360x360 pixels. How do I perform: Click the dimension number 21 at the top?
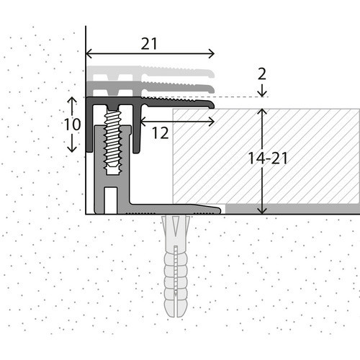149,44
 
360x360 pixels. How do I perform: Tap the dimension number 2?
262,74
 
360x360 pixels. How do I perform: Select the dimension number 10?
72,125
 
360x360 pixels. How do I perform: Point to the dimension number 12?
161,133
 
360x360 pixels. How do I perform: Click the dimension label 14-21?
268,158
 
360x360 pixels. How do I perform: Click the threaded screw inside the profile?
113,139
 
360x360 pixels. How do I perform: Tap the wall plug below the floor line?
176,266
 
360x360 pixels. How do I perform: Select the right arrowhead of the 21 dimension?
212,53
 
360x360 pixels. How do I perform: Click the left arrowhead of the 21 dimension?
89,53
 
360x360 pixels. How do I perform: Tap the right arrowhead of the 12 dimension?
212,122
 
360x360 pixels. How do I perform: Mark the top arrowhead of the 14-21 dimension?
262,112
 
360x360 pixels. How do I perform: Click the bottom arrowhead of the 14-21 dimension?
262,211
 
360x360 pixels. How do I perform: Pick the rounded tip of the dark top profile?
211,104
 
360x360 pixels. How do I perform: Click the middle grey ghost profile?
150,87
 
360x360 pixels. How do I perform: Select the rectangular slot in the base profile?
111,200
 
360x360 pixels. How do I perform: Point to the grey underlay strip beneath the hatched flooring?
292,209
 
